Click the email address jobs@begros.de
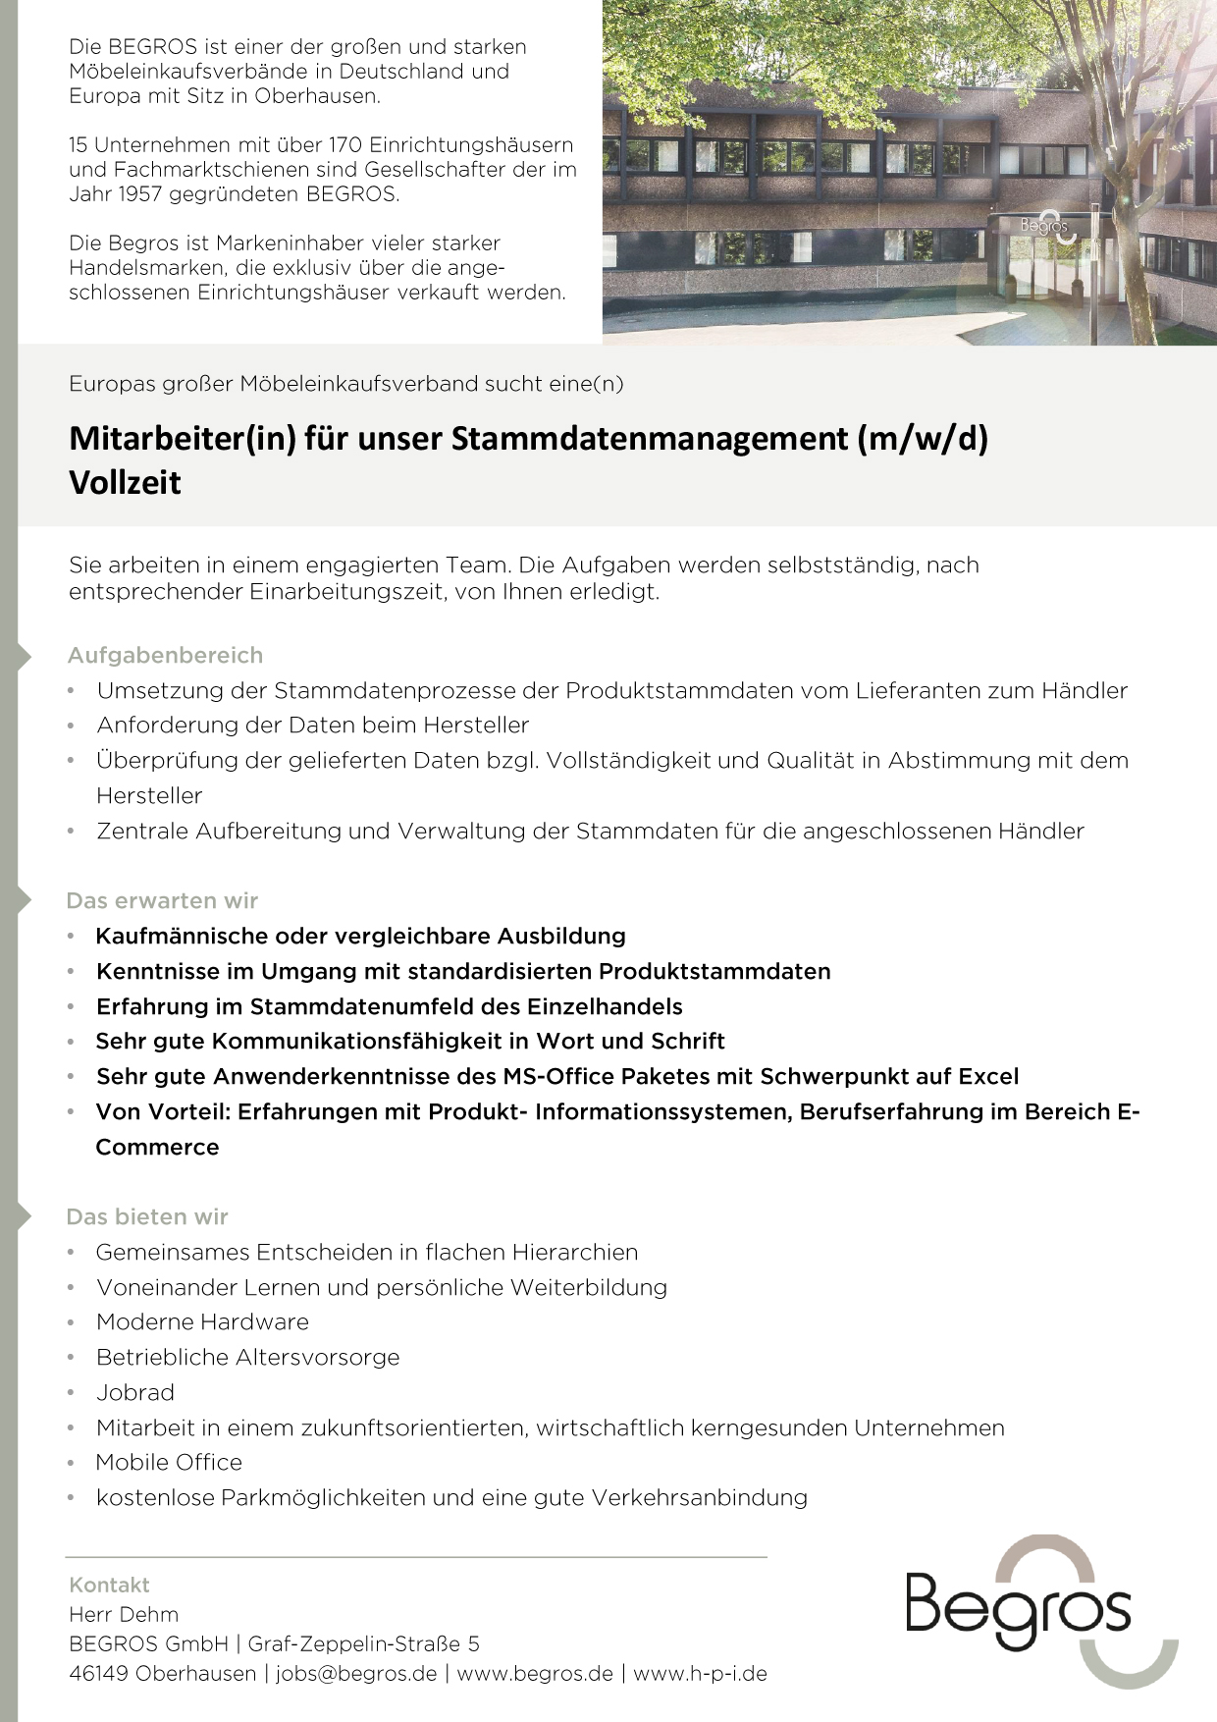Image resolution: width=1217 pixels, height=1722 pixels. tap(356, 1674)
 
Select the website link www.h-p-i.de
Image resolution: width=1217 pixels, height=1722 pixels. tap(700, 1674)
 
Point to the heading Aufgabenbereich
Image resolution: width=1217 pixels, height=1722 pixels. tap(165, 655)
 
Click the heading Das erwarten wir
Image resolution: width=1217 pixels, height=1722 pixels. tap(162, 900)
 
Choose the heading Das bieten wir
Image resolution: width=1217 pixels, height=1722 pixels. tap(147, 1216)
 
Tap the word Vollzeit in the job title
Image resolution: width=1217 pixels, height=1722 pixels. tap(125, 483)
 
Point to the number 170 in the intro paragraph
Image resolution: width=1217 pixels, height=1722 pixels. tap(344, 145)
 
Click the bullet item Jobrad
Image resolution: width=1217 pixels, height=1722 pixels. tap(135, 1392)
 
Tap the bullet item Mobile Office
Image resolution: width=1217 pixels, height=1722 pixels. tap(169, 1462)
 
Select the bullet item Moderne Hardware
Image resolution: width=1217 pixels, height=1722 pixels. tap(202, 1321)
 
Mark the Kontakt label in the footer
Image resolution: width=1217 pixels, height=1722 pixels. tap(109, 1585)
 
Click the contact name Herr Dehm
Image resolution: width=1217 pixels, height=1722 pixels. tap(124, 1614)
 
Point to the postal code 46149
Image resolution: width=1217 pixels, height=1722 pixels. tap(98, 1674)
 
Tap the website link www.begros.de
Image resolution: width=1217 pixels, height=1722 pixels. tap(535, 1674)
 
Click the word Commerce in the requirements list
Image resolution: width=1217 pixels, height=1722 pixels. tap(157, 1147)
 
